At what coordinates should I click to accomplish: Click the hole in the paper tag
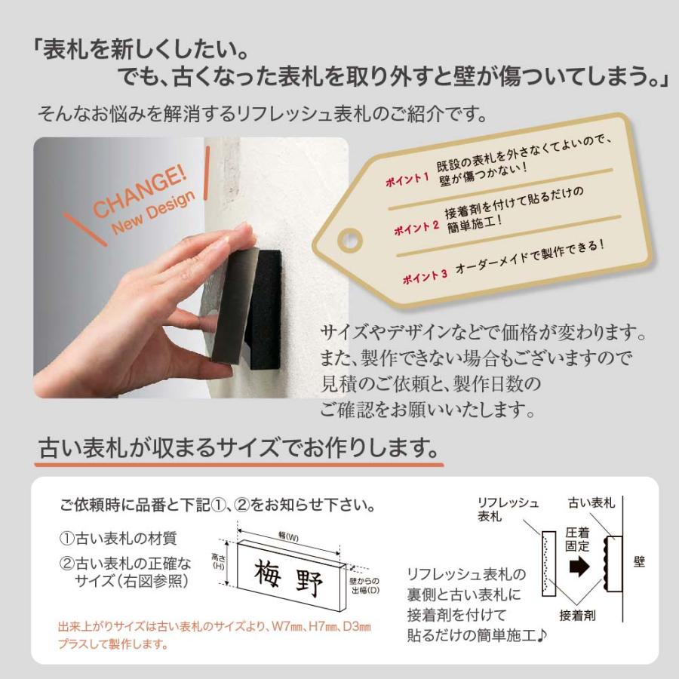tap(349, 241)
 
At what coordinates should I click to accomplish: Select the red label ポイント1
tap(407, 180)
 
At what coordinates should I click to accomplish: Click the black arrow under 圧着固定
tap(579, 566)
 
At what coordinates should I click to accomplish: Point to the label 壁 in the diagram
tap(639, 562)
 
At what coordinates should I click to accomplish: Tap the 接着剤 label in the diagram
tap(578, 615)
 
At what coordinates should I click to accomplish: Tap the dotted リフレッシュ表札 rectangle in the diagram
tap(548, 565)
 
